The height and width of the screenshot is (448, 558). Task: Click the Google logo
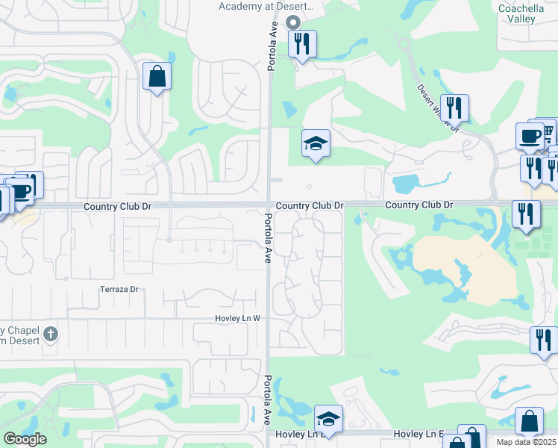[25, 439]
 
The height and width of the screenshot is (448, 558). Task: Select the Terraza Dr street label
[119, 289]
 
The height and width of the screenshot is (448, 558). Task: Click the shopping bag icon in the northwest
[157, 76]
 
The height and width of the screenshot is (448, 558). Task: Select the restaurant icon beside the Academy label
[302, 43]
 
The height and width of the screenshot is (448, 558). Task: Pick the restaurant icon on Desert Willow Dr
[454, 108]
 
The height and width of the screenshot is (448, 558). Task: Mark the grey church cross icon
[50, 333]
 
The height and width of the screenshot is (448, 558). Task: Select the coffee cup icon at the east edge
[530, 136]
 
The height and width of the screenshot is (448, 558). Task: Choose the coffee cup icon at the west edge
[20, 191]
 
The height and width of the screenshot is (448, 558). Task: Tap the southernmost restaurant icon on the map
[543, 340]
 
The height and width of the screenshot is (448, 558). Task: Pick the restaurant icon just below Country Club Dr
[525, 214]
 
